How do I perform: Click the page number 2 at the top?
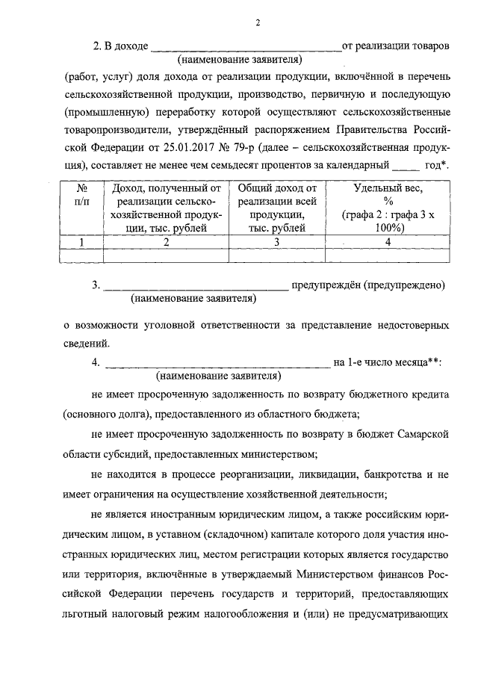pos(255,23)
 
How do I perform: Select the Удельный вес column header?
pos(388,189)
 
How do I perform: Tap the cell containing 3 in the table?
pos(276,242)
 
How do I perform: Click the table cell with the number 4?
pos(388,242)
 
